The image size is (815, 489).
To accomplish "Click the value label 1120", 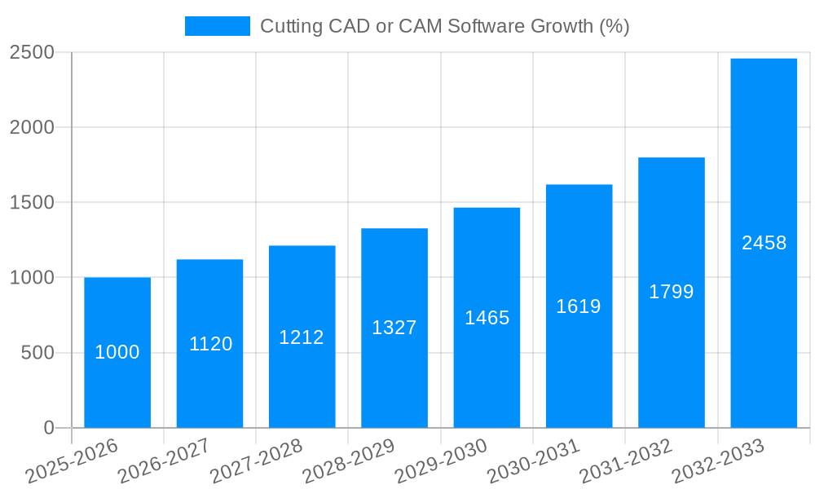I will point(210,344).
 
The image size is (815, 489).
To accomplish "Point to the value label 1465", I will point(487,318).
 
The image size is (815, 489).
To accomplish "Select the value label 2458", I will point(764,243).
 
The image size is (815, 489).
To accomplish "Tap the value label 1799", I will point(672,292).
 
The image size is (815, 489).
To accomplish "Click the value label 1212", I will point(302,337).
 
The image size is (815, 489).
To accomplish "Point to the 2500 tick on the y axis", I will point(32,53).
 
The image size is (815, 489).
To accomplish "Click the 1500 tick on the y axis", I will point(32,203).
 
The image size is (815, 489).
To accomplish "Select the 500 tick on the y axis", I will point(37,353).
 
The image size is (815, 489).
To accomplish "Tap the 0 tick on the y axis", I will point(49,428).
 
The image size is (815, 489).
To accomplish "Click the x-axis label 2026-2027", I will point(164,460).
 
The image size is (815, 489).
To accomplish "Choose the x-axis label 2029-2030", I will point(441,460).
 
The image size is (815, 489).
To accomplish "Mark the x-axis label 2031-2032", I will point(626,460).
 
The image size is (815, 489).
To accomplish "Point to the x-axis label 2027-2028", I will point(256,460).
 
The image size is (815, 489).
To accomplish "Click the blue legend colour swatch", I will point(218,26).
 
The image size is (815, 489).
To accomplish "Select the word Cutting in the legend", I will point(290,26).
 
